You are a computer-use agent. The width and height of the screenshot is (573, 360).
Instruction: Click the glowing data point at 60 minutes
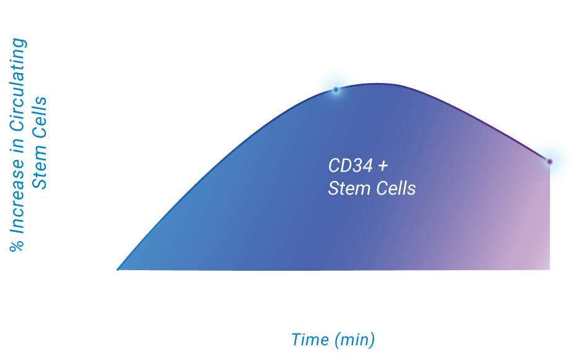(x=336, y=90)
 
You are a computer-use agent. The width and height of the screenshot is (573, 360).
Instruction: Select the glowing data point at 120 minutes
(x=549, y=162)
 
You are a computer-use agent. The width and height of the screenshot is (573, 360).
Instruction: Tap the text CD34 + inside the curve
(x=357, y=166)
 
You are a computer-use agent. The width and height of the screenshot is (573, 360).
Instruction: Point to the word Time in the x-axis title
(x=310, y=340)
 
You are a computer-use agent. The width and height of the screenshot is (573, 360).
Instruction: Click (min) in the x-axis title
(x=354, y=340)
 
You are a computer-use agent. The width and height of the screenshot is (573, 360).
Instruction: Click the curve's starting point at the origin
(x=118, y=270)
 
